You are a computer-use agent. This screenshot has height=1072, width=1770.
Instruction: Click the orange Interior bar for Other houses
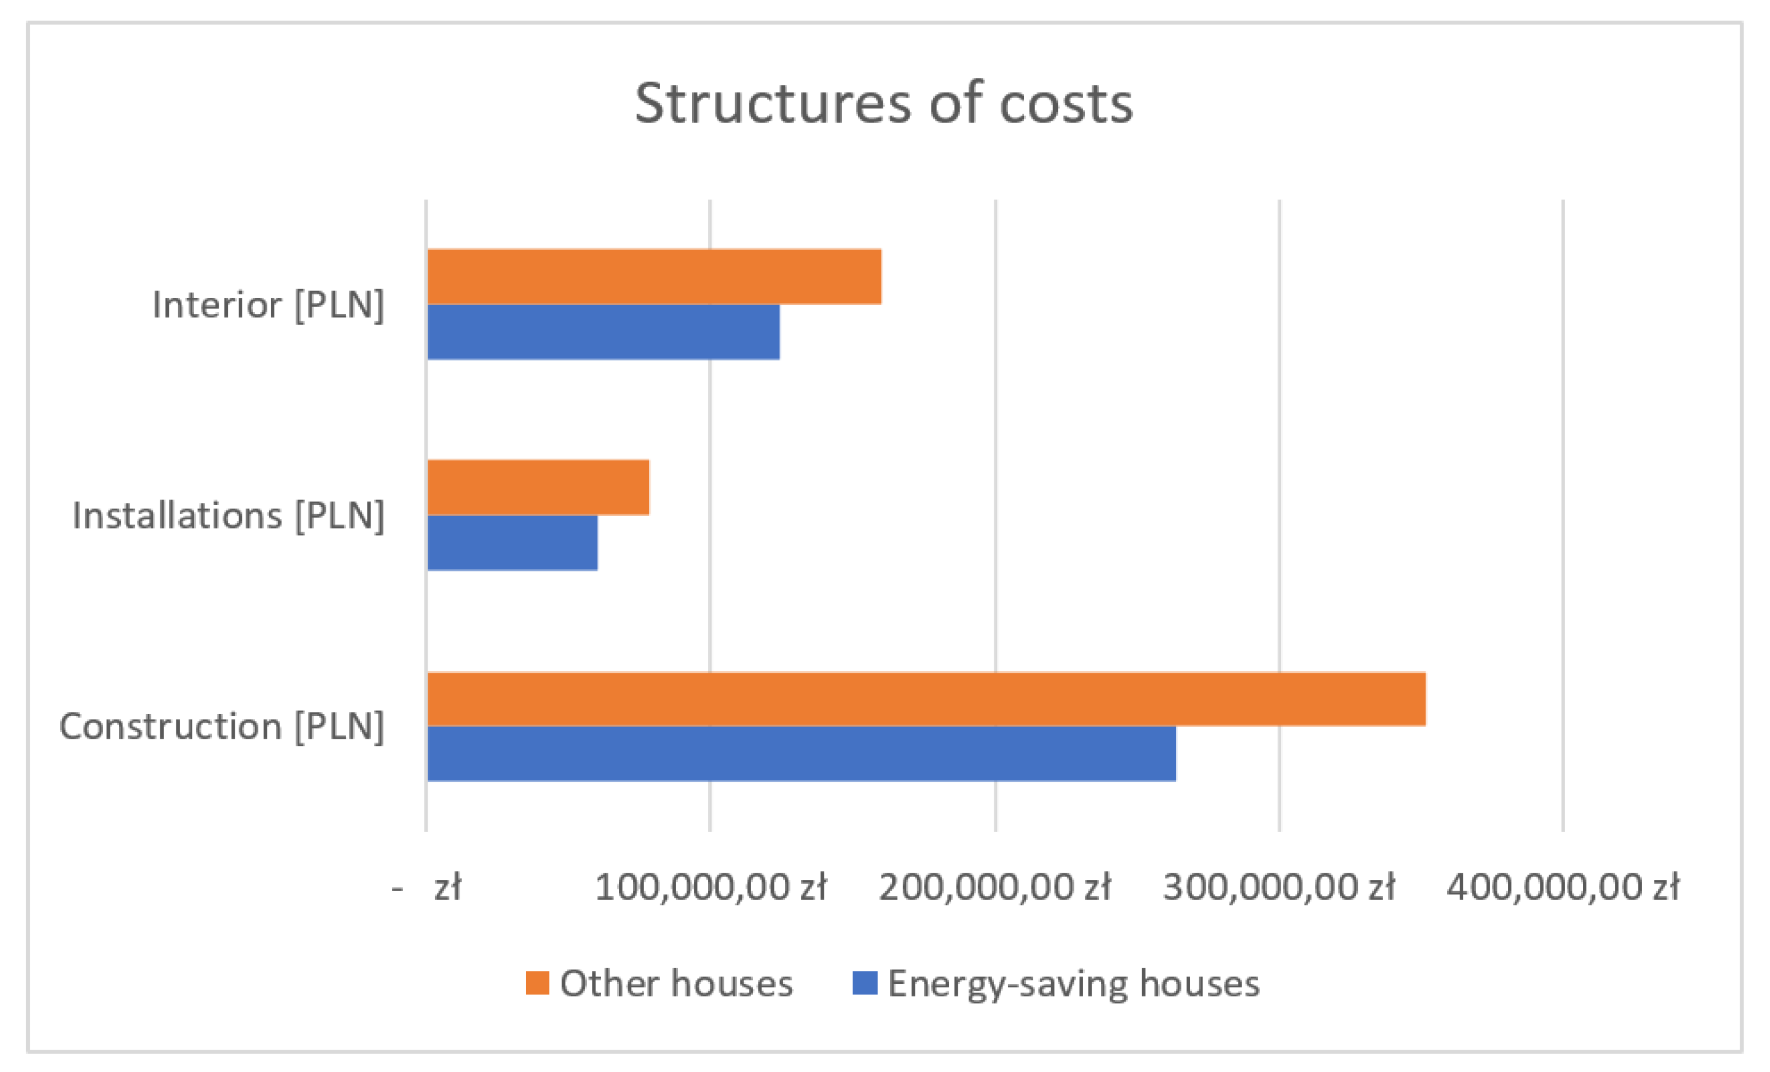point(654,277)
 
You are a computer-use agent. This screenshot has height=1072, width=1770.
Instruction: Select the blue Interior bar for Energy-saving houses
point(603,332)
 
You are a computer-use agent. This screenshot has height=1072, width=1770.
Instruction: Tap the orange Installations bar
point(538,487)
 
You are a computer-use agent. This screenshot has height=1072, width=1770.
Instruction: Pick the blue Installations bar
point(512,542)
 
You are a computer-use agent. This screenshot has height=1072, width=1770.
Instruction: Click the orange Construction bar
point(926,699)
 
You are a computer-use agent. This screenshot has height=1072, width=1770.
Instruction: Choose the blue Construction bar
point(801,753)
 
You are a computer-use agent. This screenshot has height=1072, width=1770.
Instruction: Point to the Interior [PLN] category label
point(268,305)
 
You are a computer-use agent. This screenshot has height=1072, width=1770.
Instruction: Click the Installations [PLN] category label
point(228,515)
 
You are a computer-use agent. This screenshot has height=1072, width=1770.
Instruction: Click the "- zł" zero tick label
point(426,888)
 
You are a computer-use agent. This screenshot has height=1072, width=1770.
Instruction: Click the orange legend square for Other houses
point(538,983)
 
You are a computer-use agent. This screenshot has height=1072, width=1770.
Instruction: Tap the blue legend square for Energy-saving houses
point(865,983)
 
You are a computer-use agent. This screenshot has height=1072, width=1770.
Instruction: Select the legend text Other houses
point(676,983)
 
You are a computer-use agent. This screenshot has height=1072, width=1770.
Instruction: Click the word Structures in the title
point(772,104)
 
